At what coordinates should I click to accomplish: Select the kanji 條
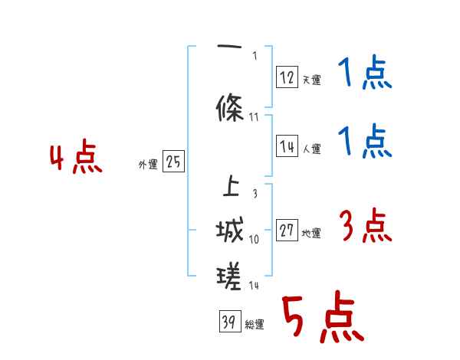[231, 108]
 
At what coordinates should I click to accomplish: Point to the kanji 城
[230, 231]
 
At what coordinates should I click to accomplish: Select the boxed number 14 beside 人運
[287, 146]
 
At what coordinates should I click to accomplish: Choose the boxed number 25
[172, 162]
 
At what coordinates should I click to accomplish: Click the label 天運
[311, 79]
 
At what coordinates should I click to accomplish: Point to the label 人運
[311, 149]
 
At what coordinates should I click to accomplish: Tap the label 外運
[148, 164]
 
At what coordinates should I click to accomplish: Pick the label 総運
[255, 325]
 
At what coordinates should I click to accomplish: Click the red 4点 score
[75, 160]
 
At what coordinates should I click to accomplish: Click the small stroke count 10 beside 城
[255, 240]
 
